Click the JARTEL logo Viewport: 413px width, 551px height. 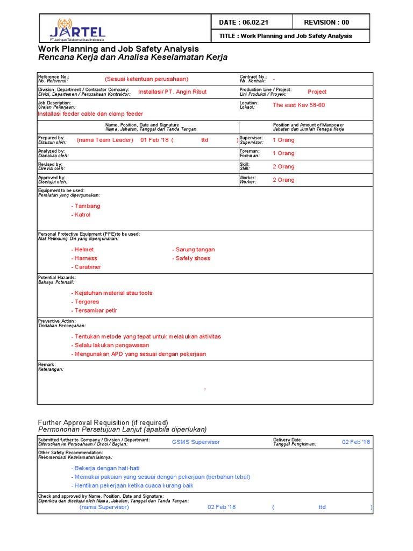pos(77,29)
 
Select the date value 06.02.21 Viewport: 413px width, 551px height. pos(254,22)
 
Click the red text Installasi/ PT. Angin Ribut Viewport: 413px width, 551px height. pos(172,91)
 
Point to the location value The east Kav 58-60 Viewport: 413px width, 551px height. pos(298,105)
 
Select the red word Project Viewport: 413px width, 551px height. pos(317,91)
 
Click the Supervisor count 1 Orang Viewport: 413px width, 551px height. pos(283,140)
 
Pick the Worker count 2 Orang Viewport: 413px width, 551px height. pos(283,180)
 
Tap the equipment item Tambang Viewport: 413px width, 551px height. pos(87,206)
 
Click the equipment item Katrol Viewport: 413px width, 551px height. pos(82,215)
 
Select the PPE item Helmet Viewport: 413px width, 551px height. pos(83,250)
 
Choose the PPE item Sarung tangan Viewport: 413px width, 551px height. pos(195,250)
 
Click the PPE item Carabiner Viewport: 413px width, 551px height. pos(87,267)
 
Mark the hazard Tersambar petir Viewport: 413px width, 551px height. pos(95,310)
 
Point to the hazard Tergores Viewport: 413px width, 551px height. pos(86,302)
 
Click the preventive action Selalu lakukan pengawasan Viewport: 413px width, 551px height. pos(111,345)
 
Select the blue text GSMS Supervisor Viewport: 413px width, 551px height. pos(196,442)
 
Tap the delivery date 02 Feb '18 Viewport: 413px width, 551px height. pos(356,442)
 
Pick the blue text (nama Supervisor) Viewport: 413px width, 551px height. pos(104,507)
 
